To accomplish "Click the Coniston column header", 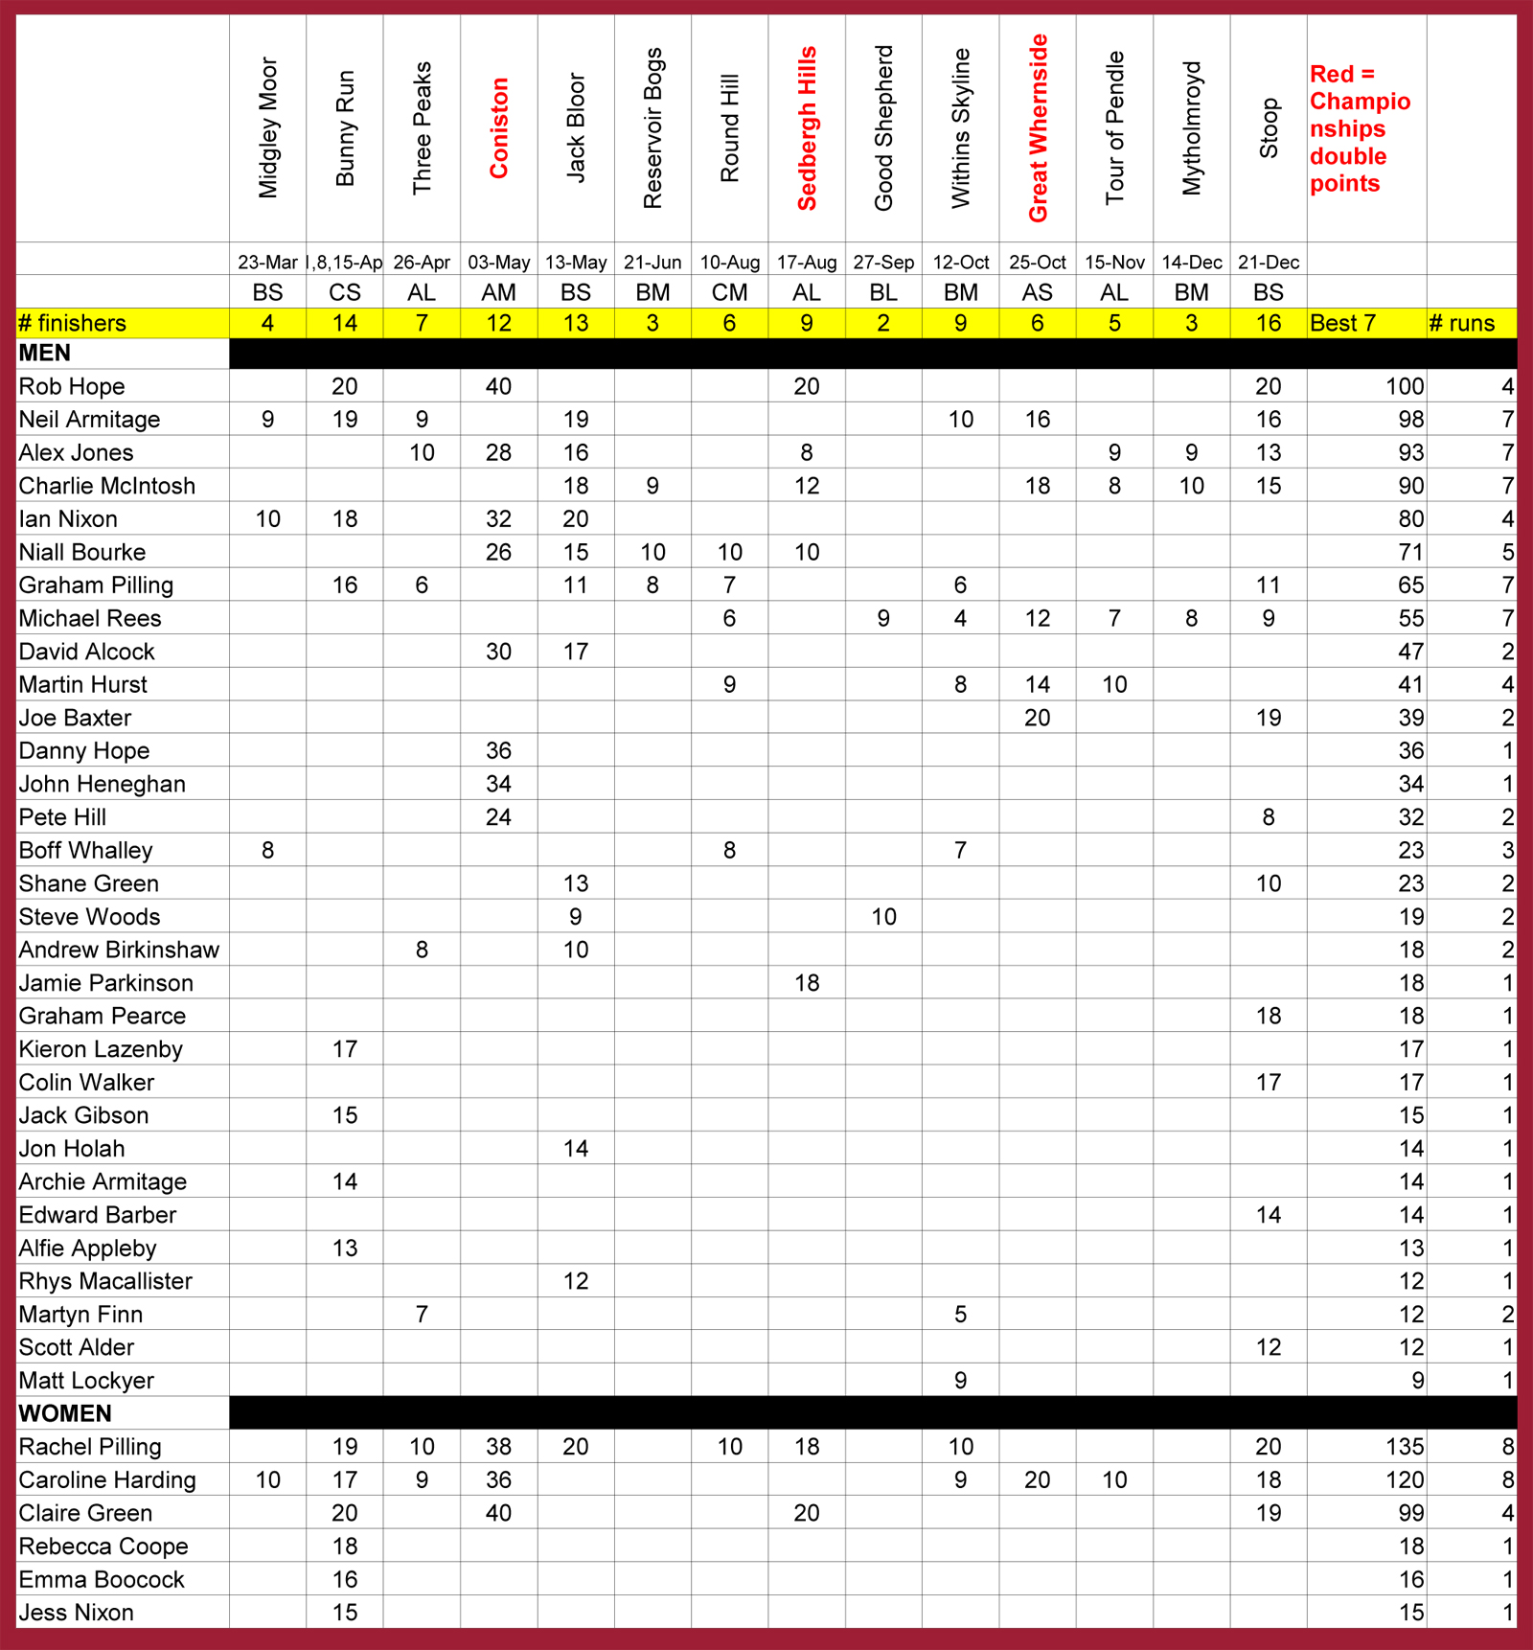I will coord(498,128).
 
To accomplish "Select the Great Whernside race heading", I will coord(1038,128).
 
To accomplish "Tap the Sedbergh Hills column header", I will coord(807,128).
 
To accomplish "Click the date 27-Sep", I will coord(883,262).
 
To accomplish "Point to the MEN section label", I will coord(45,354).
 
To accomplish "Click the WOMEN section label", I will coord(65,1413).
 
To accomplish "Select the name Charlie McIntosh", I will coord(106,486).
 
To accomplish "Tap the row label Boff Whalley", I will coord(85,850).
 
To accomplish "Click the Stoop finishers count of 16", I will coord(1269,323).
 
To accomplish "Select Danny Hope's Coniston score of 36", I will coord(498,750).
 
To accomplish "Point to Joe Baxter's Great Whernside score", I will coord(1038,718).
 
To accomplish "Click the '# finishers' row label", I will coord(72,323).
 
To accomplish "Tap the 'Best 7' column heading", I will coord(1342,323).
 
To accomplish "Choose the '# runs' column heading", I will coord(1461,323).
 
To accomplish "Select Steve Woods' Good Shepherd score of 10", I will coord(883,917).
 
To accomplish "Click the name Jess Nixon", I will coord(76,1613).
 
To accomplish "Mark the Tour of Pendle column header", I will coord(1114,128).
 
